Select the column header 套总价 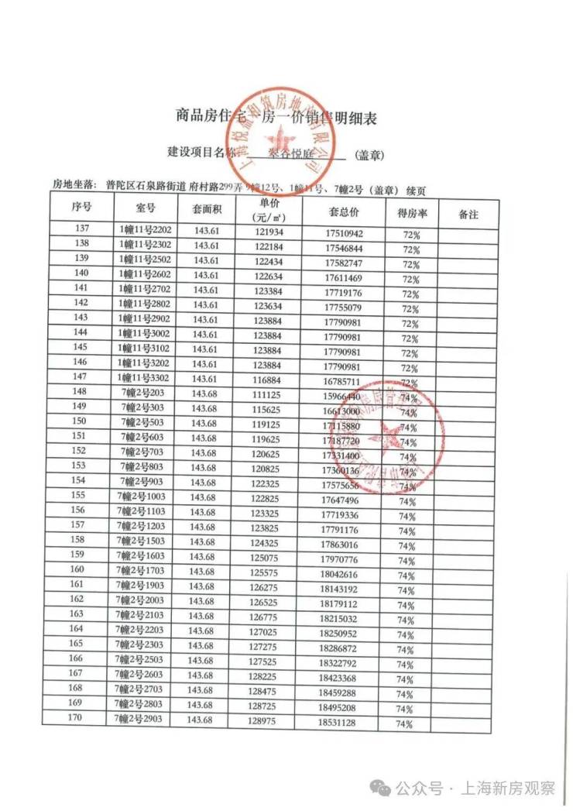[x=344, y=211]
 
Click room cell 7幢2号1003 [x=144, y=497]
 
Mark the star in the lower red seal [x=385, y=437]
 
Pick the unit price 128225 [x=265, y=675]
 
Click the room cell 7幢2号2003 [x=144, y=600]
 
